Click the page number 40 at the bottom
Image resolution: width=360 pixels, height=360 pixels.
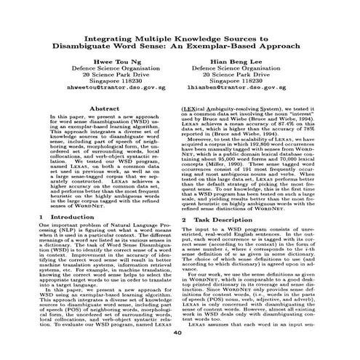click(180, 352)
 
